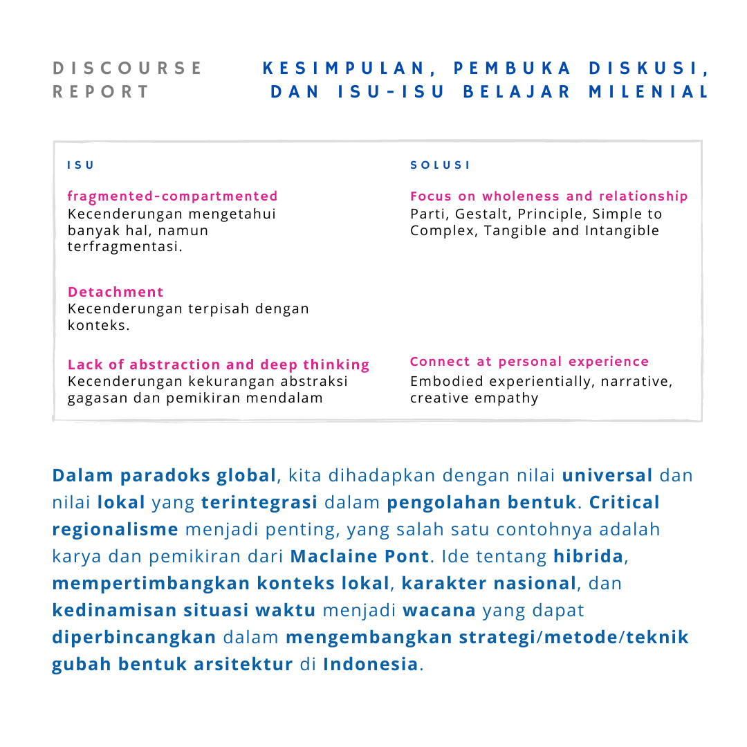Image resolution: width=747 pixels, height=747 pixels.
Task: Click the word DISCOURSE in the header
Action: (x=128, y=68)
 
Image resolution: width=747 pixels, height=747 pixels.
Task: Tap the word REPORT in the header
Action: (x=101, y=92)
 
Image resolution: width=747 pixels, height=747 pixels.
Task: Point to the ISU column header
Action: (x=80, y=165)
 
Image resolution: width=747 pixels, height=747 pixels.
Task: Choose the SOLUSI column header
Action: (x=440, y=165)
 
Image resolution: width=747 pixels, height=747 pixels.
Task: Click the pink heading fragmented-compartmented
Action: (x=173, y=196)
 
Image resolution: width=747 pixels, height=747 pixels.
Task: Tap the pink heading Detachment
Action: (x=116, y=292)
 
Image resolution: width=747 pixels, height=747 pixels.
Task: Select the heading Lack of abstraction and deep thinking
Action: (x=219, y=365)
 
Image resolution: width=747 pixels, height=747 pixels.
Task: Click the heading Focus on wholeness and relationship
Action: (x=548, y=196)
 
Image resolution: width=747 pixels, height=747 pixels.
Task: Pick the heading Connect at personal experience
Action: (x=529, y=362)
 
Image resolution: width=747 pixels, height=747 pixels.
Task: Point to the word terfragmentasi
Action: (x=124, y=247)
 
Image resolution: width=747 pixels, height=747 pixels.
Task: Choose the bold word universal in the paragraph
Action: (x=607, y=475)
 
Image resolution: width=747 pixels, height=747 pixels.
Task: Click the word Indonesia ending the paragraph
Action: (x=371, y=664)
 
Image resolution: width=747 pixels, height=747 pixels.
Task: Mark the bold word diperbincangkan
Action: (x=134, y=637)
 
